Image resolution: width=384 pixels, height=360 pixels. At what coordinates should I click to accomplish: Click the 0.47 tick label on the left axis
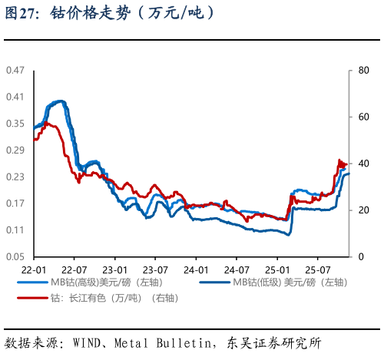(15, 70)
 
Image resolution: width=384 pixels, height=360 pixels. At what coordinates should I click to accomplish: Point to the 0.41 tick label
(15, 97)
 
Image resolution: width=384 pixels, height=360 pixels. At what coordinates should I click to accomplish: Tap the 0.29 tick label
(15, 150)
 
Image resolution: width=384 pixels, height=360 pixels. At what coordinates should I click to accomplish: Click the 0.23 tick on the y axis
(15, 177)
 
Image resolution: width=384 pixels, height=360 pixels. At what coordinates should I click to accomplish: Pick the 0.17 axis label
(15, 203)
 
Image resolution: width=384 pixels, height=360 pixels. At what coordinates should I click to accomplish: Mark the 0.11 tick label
(15, 230)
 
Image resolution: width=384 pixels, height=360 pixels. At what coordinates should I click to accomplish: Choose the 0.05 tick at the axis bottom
(15, 256)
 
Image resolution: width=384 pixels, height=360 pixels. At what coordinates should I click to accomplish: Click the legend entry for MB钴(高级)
(108, 282)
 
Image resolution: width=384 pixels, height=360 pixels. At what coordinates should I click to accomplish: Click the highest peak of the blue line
(59, 101)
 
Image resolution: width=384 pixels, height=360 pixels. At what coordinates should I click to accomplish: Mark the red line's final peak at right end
(339, 160)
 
